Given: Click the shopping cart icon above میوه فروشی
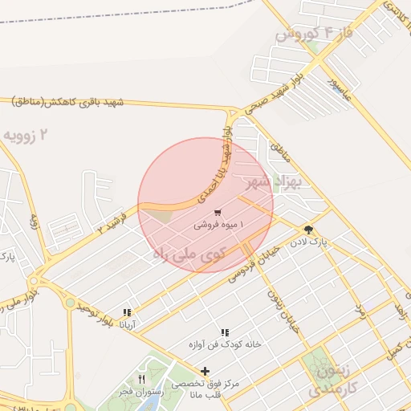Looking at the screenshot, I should tap(218, 214).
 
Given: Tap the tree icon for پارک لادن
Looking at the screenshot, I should tap(308, 230).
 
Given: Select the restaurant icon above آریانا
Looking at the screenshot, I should tap(127, 312).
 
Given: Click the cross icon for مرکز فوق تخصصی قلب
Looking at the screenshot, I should tap(205, 371).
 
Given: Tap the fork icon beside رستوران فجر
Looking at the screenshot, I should tap(142, 378).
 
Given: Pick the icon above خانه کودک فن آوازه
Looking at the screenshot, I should tap(225, 332).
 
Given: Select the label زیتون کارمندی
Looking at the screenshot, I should tap(324, 380).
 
